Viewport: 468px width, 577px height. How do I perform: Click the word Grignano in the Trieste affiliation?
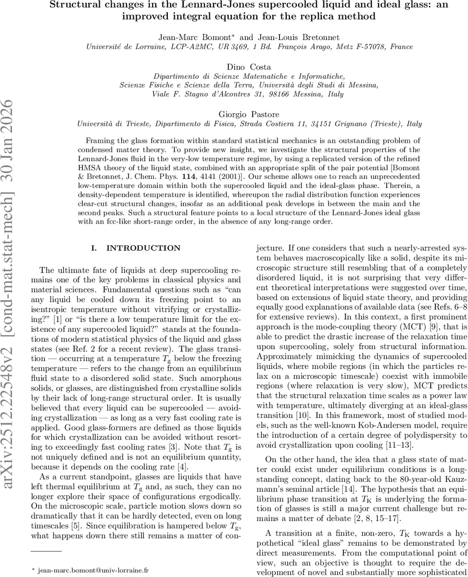(348, 124)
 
